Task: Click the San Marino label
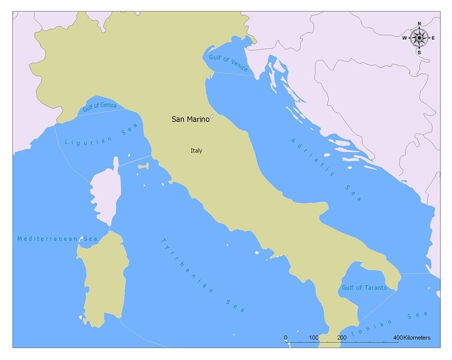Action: point(190,120)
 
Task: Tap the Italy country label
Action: point(196,151)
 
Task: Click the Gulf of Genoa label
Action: point(99,108)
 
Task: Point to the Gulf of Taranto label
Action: point(364,288)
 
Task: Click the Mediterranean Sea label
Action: point(57,238)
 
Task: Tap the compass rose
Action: point(419,38)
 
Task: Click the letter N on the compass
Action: point(419,24)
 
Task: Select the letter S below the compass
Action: point(419,52)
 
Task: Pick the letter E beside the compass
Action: point(433,38)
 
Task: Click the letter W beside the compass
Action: point(405,38)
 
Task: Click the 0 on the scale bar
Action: point(286,338)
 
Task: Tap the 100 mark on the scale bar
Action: point(314,338)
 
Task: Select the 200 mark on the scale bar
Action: point(342,338)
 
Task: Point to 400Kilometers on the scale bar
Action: point(411,338)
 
